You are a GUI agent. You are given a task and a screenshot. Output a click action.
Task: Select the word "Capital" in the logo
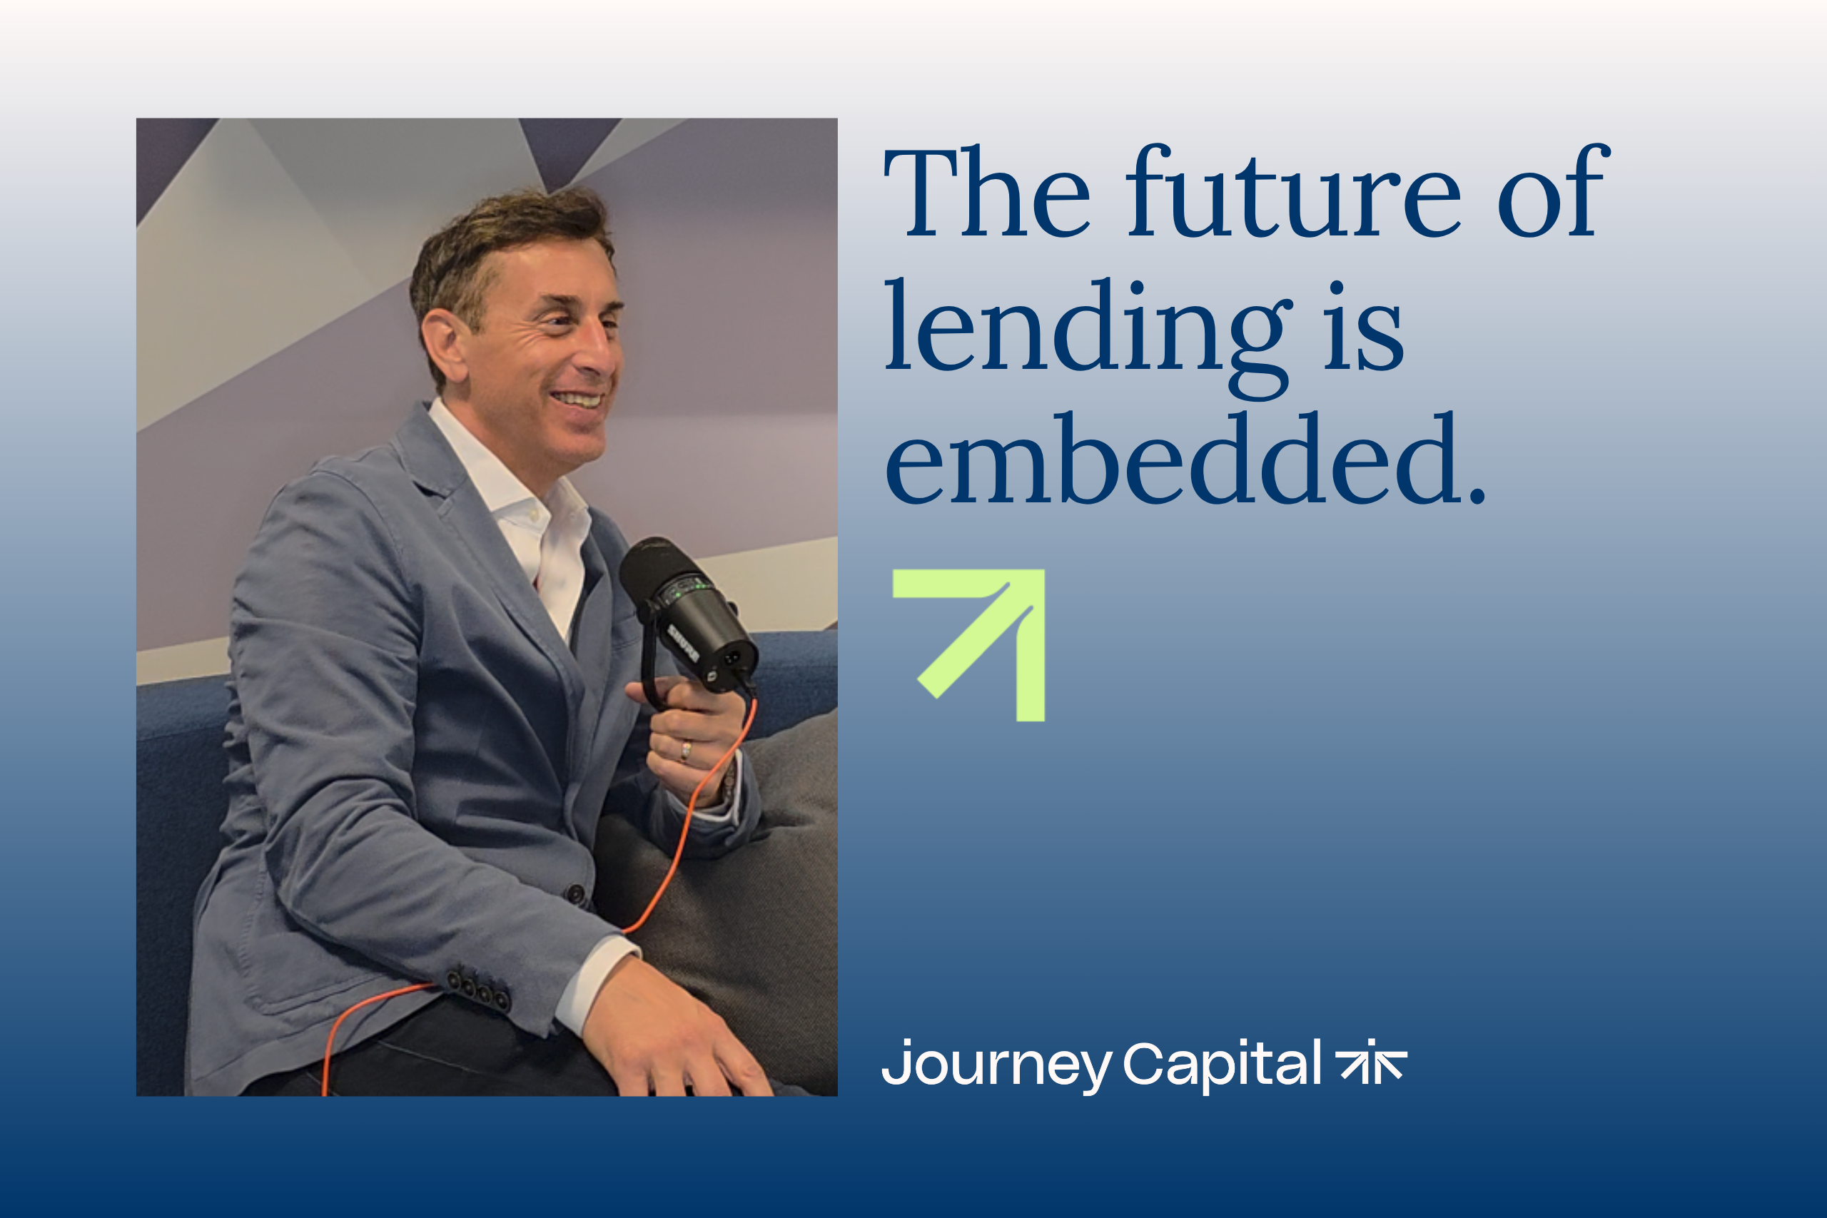coord(1222,1063)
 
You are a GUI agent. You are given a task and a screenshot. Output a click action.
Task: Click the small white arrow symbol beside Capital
coord(1371,1060)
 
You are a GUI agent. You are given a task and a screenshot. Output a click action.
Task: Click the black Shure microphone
coord(688,614)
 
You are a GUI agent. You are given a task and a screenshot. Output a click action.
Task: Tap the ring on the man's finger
coord(685,751)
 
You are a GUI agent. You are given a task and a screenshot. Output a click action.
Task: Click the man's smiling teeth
coord(578,400)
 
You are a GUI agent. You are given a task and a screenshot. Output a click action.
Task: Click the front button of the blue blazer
coord(576,894)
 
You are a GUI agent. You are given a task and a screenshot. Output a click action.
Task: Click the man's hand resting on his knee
coord(671,1029)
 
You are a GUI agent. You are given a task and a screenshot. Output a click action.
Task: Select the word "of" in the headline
coord(1553,190)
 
